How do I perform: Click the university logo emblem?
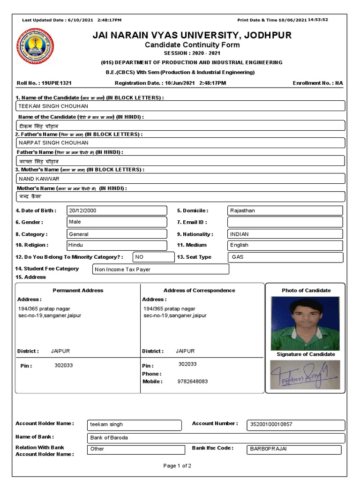(35, 46)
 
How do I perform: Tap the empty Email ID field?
(285, 222)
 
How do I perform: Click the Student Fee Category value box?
(161, 270)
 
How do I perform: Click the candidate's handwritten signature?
(304, 375)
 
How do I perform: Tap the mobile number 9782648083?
(193, 382)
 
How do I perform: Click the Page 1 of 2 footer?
(177, 466)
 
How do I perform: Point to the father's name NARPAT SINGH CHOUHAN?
(53, 142)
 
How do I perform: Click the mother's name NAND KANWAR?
(39, 179)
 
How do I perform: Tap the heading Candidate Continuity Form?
(192, 45)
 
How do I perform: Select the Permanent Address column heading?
(78, 290)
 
